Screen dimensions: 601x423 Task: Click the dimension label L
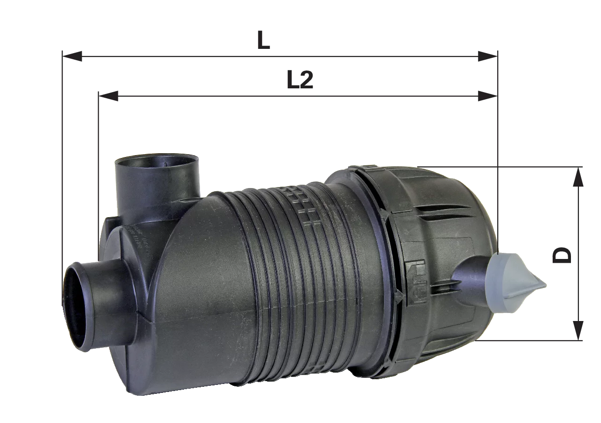(x=263, y=40)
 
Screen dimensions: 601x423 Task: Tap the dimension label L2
(x=300, y=80)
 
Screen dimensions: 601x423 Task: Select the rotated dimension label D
(x=562, y=255)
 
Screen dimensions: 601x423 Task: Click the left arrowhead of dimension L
(x=72, y=56)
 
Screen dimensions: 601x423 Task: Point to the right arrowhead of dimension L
(x=488, y=56)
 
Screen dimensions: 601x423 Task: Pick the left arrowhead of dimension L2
(x=108, y=96)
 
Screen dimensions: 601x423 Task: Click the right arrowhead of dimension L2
(x=488, y=96)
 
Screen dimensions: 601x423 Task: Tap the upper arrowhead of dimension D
(x=578, y=176)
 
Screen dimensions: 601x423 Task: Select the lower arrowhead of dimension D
(x=578, y=330)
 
